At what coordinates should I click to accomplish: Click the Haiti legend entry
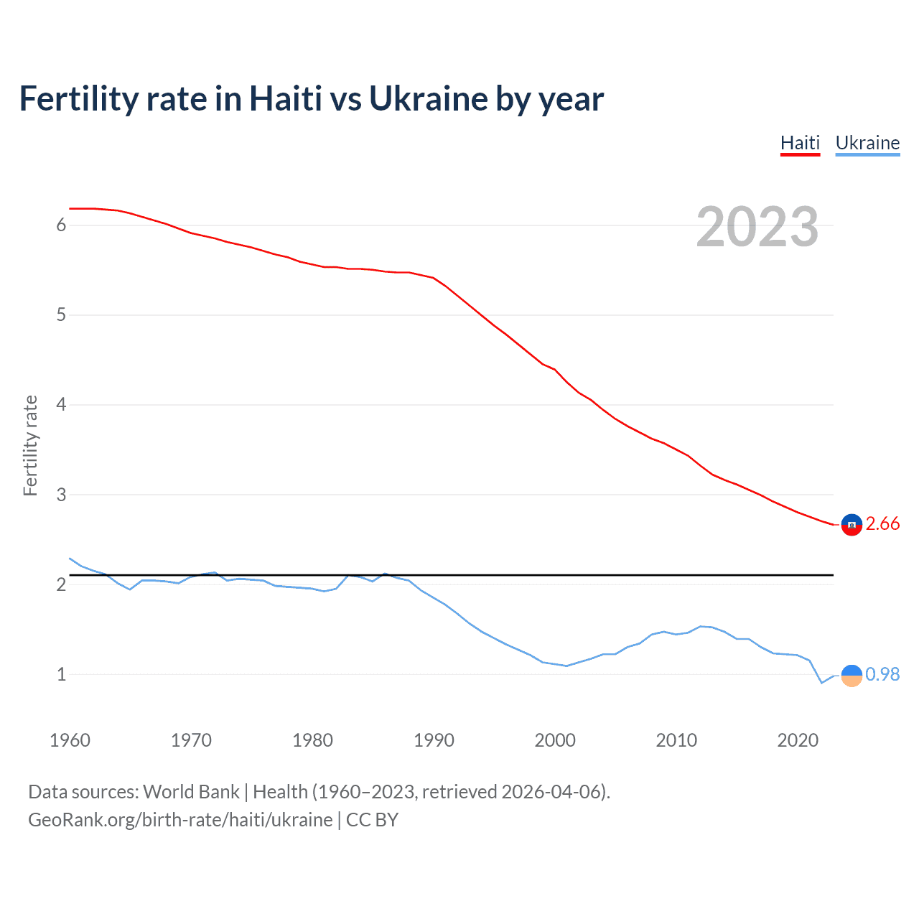(800, 143)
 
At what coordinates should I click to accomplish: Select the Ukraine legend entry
(867, 143)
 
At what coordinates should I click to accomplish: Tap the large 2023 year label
(757, 227)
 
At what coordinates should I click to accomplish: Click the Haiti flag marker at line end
(852, 525)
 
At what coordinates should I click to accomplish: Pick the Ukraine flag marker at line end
(852, 676)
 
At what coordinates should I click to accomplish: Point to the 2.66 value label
(882, 524)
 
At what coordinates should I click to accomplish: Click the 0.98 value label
(882, 675)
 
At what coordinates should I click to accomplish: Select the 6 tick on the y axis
(61, 225)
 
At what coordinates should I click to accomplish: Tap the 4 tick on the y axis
(61, 405)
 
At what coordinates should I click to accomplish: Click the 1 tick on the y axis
(61, 674)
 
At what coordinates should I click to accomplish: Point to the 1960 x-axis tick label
(70, 740)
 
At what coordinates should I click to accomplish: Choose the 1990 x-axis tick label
(434, 740)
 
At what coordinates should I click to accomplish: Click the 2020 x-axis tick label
(798, 740)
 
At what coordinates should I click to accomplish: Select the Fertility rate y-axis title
(30, 445)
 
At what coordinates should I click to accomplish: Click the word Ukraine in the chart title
(428, 99)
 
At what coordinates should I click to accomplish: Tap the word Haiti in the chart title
(285, 99)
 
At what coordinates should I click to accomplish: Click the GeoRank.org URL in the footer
(180, 820)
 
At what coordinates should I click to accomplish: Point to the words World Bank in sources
(191, 792)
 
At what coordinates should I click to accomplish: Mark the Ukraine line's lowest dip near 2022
(822, 683)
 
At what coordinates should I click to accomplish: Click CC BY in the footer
(372, 820)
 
